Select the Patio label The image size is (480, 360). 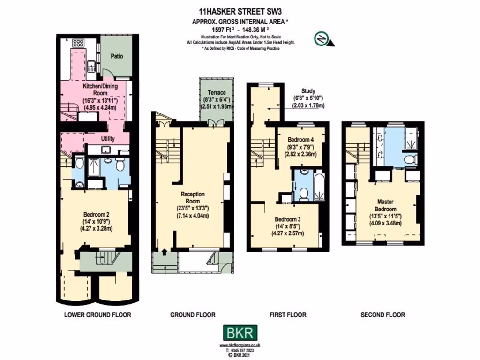pos(117,56)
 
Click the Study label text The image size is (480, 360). pos(308,91)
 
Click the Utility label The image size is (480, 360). pos(108,139)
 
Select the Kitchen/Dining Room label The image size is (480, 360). pos(100,90)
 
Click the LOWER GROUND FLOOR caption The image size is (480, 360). pos(97,315)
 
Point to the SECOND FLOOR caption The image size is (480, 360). pos(382,315)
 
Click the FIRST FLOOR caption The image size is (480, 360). pos(288,315)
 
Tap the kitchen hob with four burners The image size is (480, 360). pos(78,43)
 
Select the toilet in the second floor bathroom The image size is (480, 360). pos(411,160)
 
